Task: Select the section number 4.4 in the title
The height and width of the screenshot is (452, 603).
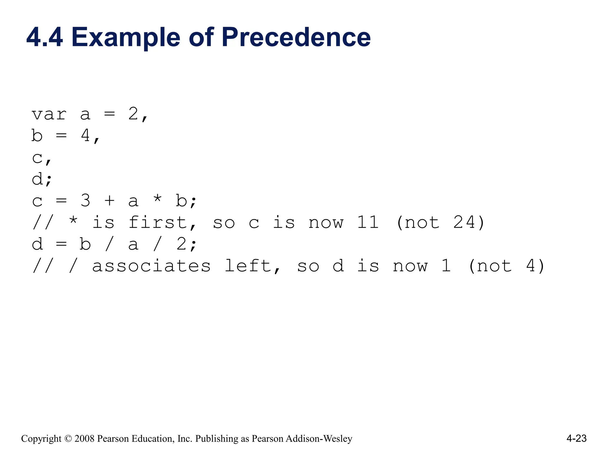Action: pyautogui.click(x=44, y=37)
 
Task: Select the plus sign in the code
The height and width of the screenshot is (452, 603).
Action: pyautogui.click(x=109, y=201)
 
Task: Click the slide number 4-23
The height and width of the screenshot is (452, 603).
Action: pyautogui.click(x=577, y=438)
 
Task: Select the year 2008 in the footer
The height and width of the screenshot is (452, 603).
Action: pyautogui.click(x=85, y=439)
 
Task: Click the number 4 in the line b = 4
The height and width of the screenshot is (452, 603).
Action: pyautogui.click(x=85, y=136)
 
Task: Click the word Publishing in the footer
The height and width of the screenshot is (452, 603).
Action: pyautogui.click(x=217, y=439)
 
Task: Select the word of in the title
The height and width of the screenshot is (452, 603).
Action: pyautogui.click(x=201, y=37)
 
